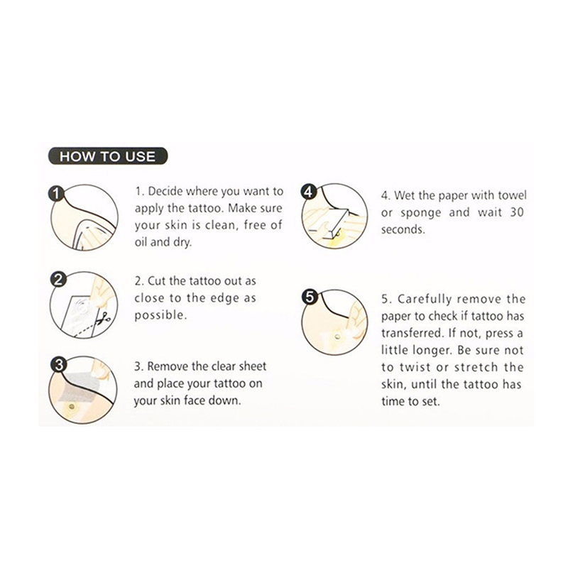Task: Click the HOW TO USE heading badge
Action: [108, 156]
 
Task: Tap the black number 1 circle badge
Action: [56, 193]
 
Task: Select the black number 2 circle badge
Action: [58, 280]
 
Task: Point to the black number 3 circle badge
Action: [58, 365]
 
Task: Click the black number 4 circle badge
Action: [308, 192]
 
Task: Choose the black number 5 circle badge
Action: [310, 297]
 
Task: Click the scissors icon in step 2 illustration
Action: [105, 318]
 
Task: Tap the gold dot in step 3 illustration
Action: [72, 407]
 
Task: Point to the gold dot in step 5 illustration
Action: [337, 337]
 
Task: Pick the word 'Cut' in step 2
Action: [156, 280]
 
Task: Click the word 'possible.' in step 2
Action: [161, 315]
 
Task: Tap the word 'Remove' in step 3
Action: [168, 366]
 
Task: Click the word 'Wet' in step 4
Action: [404, 195]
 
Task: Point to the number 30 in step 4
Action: [517, 212]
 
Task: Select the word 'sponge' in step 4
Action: [421, 213]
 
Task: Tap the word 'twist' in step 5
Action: [415, 367]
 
